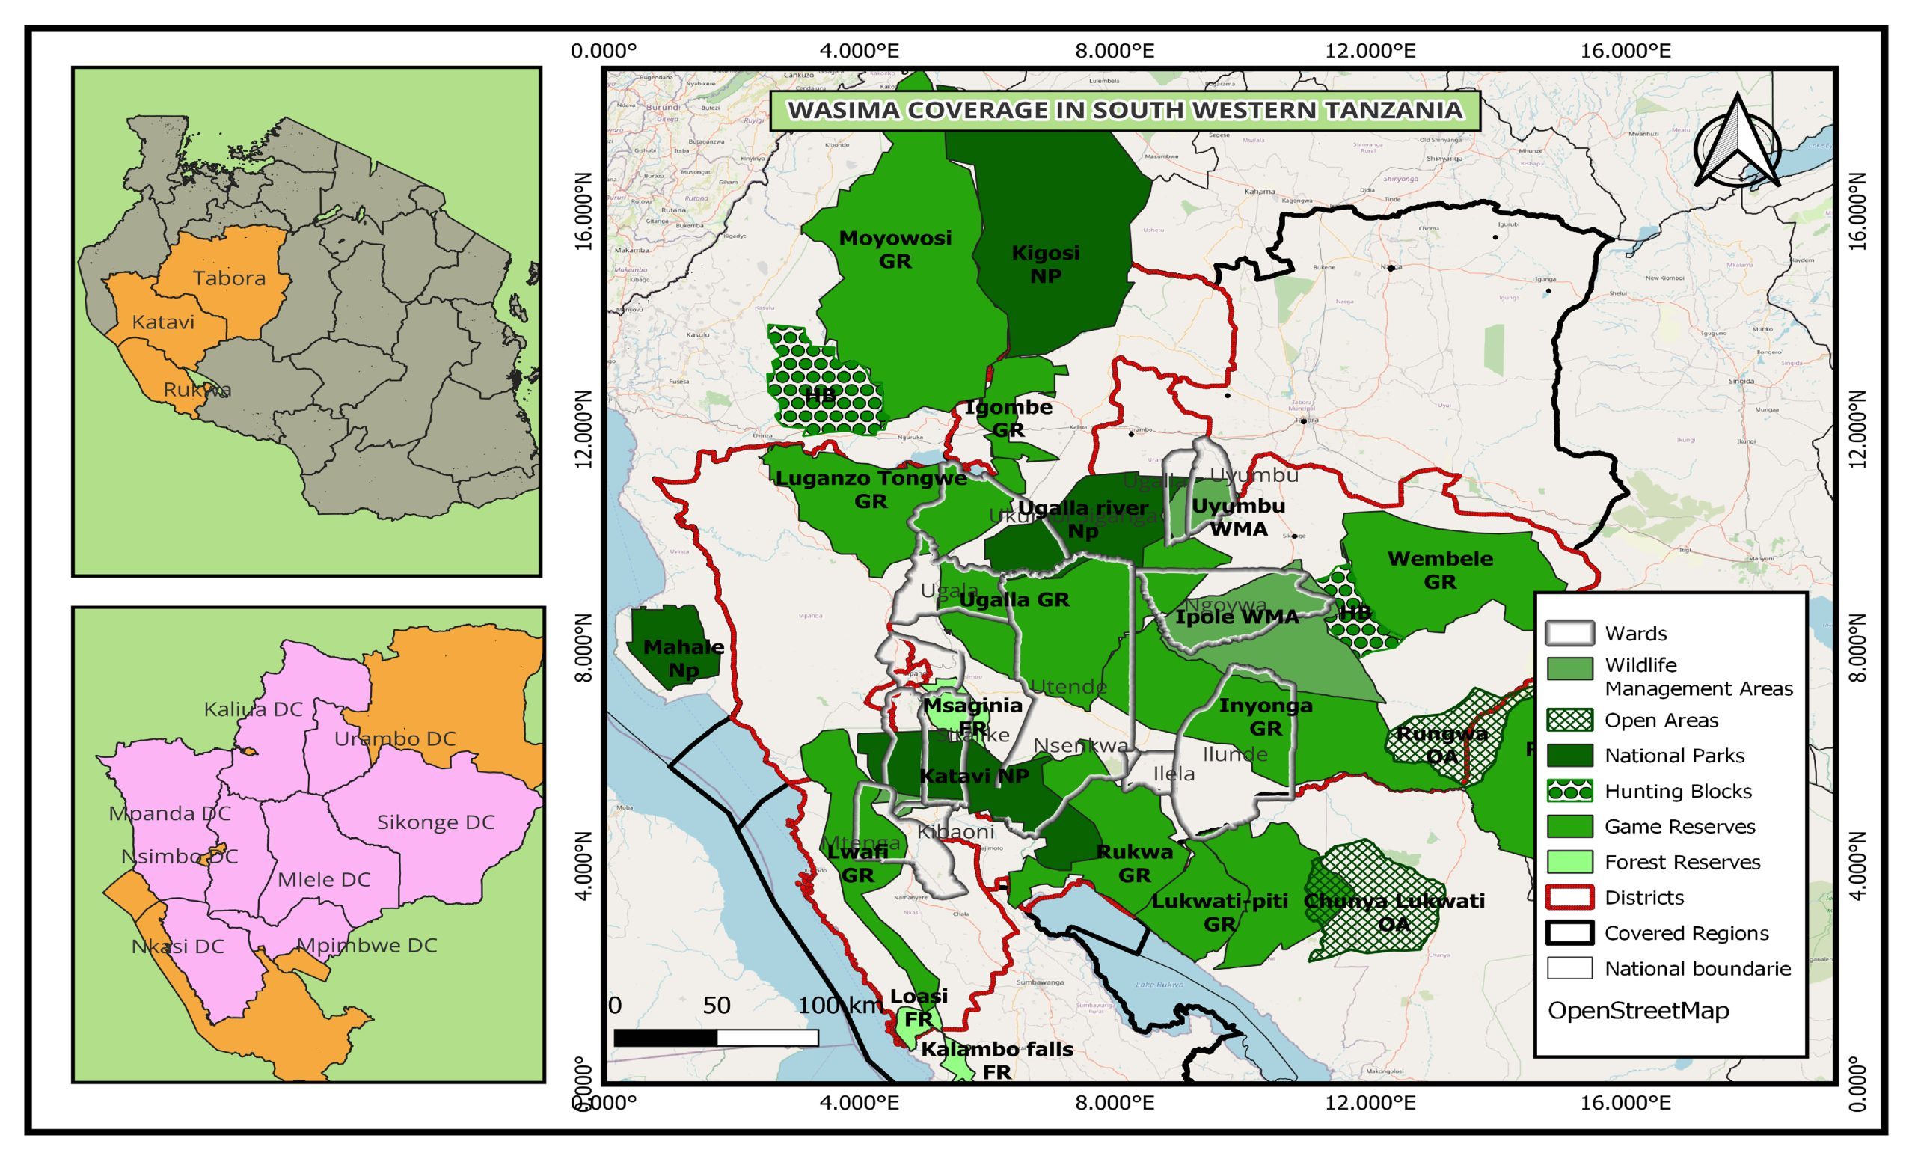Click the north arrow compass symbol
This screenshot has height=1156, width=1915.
click(x=1737, y=143)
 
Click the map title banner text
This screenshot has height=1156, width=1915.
click(x=1125, y=111)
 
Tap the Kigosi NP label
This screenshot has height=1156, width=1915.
click(x=1045, y=264)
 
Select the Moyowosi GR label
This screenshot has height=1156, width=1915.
click(x=895, y=250)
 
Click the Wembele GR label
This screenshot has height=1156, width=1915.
click(x=1440, y=570)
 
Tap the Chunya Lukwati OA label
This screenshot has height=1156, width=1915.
click(x=1394, y=912)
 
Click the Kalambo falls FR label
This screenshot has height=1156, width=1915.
click(x=997, y=1060)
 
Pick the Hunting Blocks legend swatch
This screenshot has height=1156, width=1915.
click(x=1569, y=792)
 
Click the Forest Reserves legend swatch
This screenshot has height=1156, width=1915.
click(x=1569, y=862)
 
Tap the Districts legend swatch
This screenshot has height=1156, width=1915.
click(x=1569, y=898)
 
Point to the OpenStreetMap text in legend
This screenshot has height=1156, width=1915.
click(x=1638, y=1011)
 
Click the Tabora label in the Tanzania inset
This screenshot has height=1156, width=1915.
click(x=229, y=278)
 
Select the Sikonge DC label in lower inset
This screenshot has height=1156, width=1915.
click(x=435, y=822)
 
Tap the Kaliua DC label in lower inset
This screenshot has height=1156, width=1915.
click(x=253, y=709)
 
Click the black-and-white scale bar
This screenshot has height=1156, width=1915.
click(x=716, y=1038)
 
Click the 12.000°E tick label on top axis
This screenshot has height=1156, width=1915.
click(x=1370, y=52)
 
